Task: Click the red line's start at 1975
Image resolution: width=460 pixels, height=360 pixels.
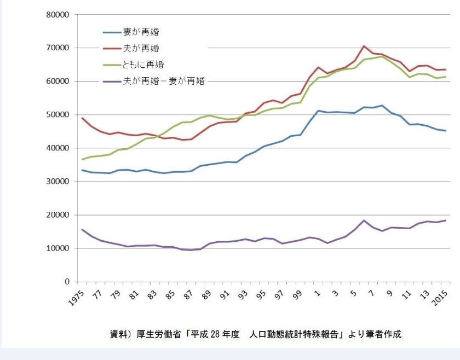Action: click(82, 118)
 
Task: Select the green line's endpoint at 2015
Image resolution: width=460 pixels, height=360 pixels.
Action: click(446, 77)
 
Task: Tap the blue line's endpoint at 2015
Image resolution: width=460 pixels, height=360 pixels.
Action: click(446, 131)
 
